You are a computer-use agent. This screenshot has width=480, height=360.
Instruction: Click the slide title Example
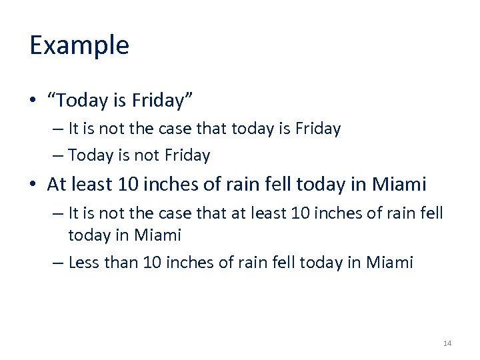point(79,46)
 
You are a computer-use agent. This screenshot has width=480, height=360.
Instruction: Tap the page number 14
point(447,343)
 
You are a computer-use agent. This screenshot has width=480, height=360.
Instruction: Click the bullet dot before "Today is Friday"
point(33,101)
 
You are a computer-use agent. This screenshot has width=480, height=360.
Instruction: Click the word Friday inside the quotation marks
point(158,101)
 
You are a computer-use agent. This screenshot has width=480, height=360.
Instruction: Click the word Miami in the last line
point(390,263)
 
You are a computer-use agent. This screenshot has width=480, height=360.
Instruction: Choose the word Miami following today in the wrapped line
point(157,235)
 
